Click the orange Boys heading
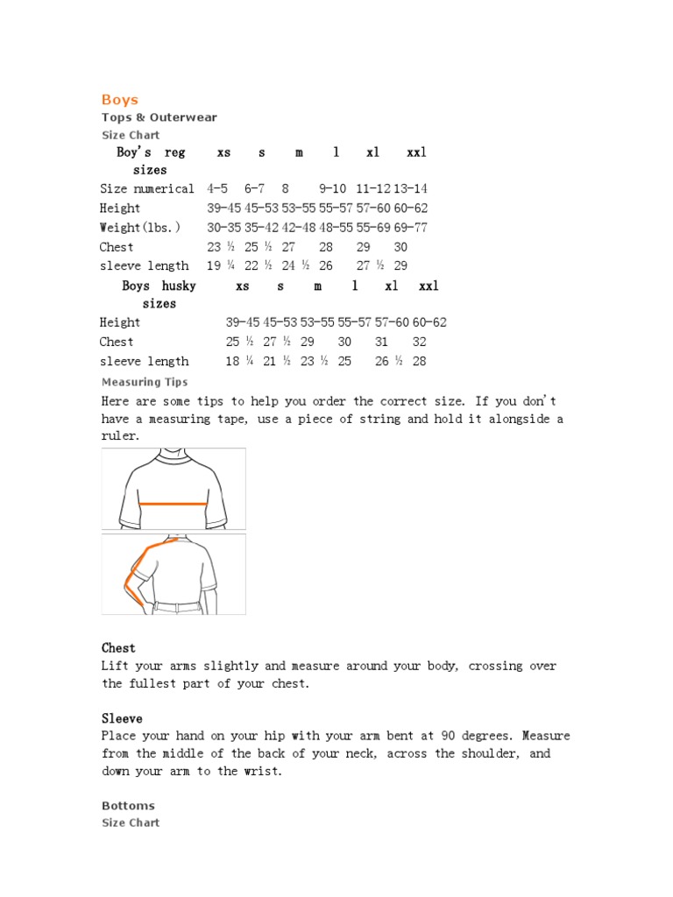click(x=120, y=100)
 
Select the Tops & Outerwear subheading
click(x=159, y=117)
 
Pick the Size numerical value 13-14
click(x=410, y=188)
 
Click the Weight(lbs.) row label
click(x=140, y=228)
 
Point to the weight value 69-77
click(x=410, y=228)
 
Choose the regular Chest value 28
click(x=326, y=247)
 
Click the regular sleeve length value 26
click(x=326, y=266)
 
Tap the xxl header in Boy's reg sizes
click(x=416, y=152)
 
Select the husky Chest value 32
click(x=420, y=343)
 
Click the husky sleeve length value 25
click(x=344, y=362)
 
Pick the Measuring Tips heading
click(x=145, y=382)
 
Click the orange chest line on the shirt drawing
click(x=174, y=505)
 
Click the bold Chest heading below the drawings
click(x=118, y=648)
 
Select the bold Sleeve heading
click(x=122, y=718)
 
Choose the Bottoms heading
click(x=128, y=806)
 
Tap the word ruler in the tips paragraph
click(x=120, y=436)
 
